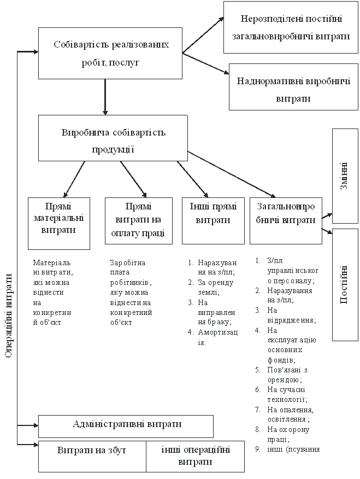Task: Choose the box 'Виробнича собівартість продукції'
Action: click(x=113, y=141)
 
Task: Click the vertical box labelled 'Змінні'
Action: click(x=345, y=176)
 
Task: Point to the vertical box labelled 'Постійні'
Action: click(x=345, y=284)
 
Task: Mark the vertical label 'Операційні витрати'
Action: click(x=8, y=316)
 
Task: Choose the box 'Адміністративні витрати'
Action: click(x=126, y=425)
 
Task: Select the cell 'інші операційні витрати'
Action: click(x=195, y=456)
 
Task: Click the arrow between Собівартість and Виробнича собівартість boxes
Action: click(x=104, y=97)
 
